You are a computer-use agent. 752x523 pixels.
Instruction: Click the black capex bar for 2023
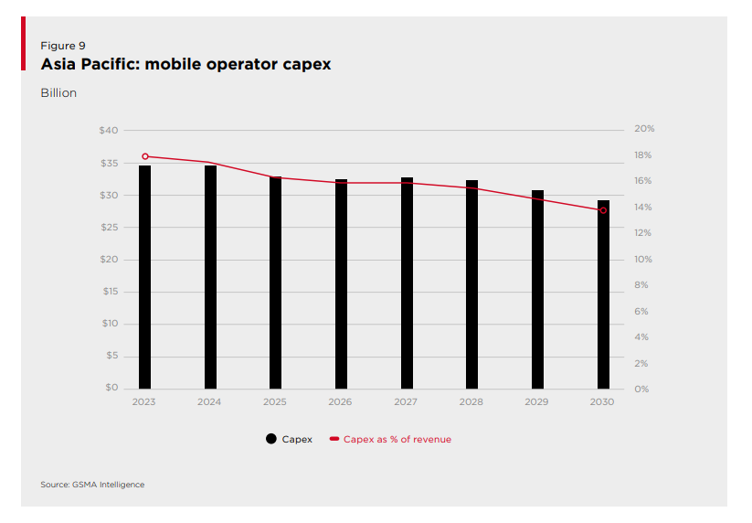click(x=144, y=277)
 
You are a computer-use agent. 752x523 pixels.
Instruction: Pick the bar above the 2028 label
click(x=471, y=284)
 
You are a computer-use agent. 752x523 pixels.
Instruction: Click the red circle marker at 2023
click(x=144, y=156)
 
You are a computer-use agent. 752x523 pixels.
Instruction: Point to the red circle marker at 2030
click(x=603, y=210)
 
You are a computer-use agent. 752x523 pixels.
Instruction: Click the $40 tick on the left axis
click(x=109, y=131)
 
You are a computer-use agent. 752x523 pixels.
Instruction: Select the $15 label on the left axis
click(x=109, y=292)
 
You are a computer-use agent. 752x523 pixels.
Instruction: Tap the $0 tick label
click(x=111, y=388)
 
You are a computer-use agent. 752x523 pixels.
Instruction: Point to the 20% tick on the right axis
click(x=644, y=129)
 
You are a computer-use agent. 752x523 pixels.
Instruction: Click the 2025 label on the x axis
click(x=275, y=402)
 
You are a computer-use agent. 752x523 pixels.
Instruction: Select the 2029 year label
click(x=537, y=402)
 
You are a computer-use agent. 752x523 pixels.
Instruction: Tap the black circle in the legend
click(x=271, y=439)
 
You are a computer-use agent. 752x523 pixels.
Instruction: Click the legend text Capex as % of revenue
click(x=397, y=439)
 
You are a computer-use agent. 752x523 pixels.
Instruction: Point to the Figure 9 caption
click(x=63, y=46)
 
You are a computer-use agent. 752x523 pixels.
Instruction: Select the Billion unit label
click(x=58, y=93)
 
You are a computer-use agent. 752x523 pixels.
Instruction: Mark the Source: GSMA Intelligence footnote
click(x=92, y=485)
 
